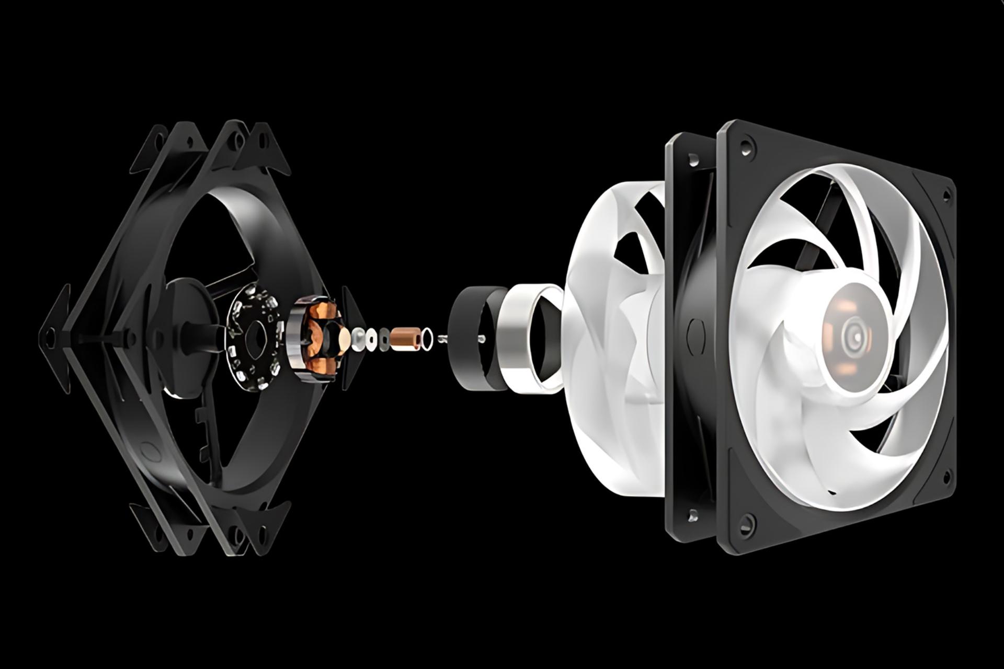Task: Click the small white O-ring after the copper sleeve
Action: [427, 339]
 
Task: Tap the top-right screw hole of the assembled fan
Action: [946, 195]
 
